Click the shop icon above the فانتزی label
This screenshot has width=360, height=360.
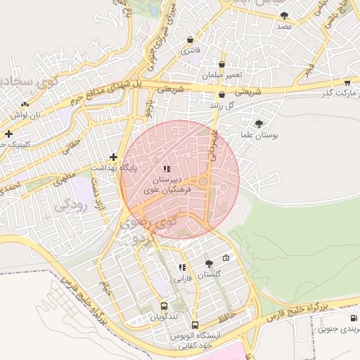(x=191, y=40)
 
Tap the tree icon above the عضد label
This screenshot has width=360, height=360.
(x=284, y=15)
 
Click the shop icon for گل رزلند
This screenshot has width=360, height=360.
(x=222, y=94)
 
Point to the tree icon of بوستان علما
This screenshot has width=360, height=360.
(x=259, y=123)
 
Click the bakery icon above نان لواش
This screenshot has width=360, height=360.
(x=25, y=104)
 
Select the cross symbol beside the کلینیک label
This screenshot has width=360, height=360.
(x=8, y=133)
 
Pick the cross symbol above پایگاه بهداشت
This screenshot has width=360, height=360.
(x=113, y=157)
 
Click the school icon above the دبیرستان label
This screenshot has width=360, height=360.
(x=167, y=168)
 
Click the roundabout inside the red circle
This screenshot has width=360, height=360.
(x=202, y=182)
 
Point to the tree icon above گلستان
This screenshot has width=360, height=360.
(x=209, y=264)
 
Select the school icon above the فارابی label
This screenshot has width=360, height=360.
(x=183, y=267)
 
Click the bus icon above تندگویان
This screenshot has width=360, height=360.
(x=164, y=307)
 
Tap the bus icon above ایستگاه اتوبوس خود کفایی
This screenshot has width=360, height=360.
(x=195, y=325)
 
